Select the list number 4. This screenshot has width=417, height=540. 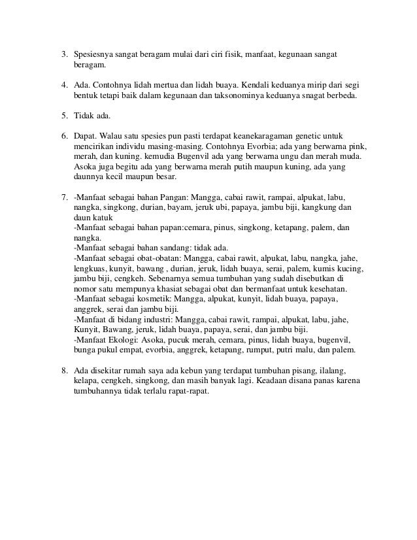(x=64, y=85)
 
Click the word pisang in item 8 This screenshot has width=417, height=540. (x=274, y=370)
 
